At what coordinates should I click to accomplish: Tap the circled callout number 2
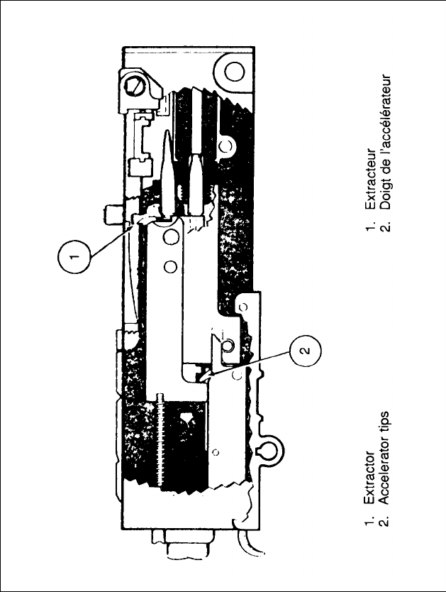(x=304, y=350)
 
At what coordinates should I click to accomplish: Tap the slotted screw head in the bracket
(x=137, y=88)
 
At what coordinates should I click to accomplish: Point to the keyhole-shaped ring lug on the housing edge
(x=269, y=449)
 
